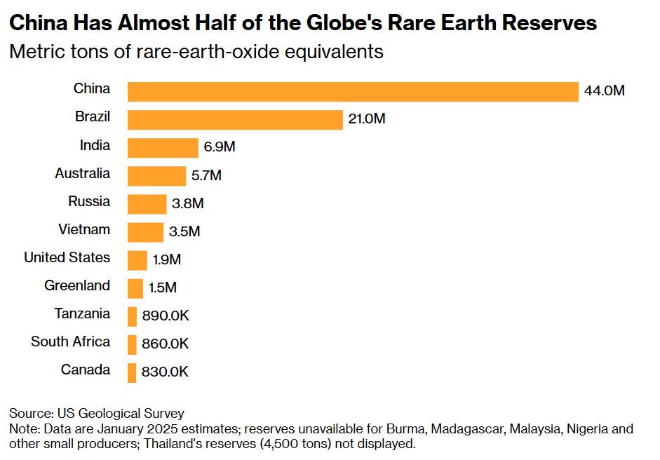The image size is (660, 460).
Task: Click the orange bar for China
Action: coord(353,92)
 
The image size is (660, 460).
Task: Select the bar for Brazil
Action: coord(235,120)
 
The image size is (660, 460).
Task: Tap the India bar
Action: coord(163,148)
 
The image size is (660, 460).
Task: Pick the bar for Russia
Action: coord(147,204)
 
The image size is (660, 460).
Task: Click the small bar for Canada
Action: coord(132,372)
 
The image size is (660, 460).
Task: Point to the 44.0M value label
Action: coord(604,91)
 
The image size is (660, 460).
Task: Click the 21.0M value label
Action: coord(367,119)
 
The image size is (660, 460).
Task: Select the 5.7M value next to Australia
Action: coord(206,175)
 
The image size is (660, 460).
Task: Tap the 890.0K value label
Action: coord(166,316)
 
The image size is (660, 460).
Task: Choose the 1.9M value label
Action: coord(167,259)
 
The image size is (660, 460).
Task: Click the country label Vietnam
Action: coord(84,229)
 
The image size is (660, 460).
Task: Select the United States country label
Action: coord(67,257)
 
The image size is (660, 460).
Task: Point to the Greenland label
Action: coord(77,285)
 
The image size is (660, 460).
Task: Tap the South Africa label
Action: coord(70,341)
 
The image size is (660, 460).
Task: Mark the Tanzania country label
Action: coord(82,313)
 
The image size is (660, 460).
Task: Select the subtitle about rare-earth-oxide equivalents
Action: coord(196,52)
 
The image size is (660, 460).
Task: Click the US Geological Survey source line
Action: coord(97,413)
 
